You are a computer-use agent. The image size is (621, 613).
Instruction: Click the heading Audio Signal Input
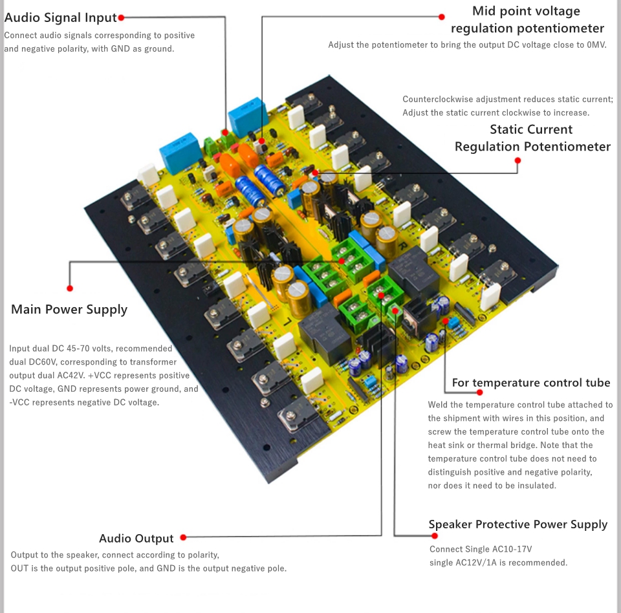coord(61,18)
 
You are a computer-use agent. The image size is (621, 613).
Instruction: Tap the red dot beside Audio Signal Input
coord(121,18)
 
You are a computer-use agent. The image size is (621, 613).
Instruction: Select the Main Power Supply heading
coord(69,309)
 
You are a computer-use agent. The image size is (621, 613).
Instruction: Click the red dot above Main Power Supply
coord(70,288)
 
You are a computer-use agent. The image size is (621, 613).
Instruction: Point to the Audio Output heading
coord(136,539)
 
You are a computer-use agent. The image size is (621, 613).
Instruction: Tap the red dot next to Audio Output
coord(183,537)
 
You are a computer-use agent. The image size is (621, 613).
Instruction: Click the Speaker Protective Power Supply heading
coord(518,524)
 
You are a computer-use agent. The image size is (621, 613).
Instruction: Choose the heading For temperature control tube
coord(531,383)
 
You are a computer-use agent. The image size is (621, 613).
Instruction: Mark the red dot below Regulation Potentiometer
coord(517,160)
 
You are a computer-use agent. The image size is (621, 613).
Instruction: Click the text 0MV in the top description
coord(596,45)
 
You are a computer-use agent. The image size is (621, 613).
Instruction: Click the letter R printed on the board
coord(402,246)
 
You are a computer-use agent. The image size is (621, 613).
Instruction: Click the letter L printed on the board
coord(287,320)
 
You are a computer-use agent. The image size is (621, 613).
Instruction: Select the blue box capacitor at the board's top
coord(246,118)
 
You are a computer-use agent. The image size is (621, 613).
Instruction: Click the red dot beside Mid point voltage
coord(442,17)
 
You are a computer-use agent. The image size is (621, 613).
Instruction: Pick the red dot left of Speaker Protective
coord(435,536)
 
